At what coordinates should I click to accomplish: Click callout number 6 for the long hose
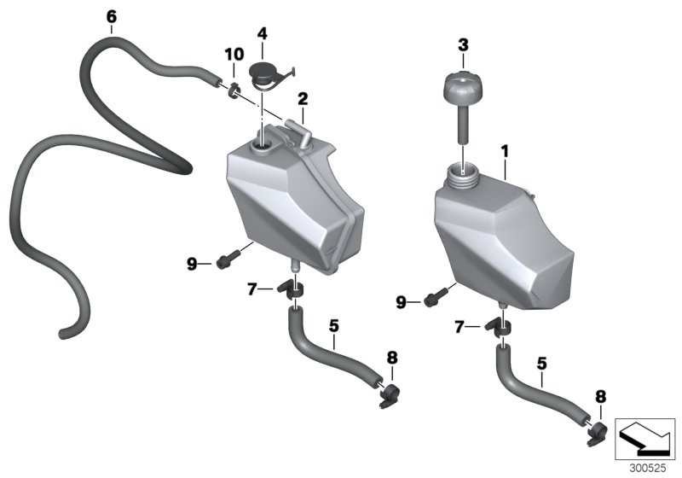coord(111,15)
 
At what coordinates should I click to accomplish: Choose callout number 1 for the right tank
coord(505,151)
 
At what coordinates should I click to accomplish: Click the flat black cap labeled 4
coord(264,75)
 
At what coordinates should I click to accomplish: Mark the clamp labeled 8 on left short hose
coord(390,393)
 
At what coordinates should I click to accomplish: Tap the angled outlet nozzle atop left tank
coord(297,129)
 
